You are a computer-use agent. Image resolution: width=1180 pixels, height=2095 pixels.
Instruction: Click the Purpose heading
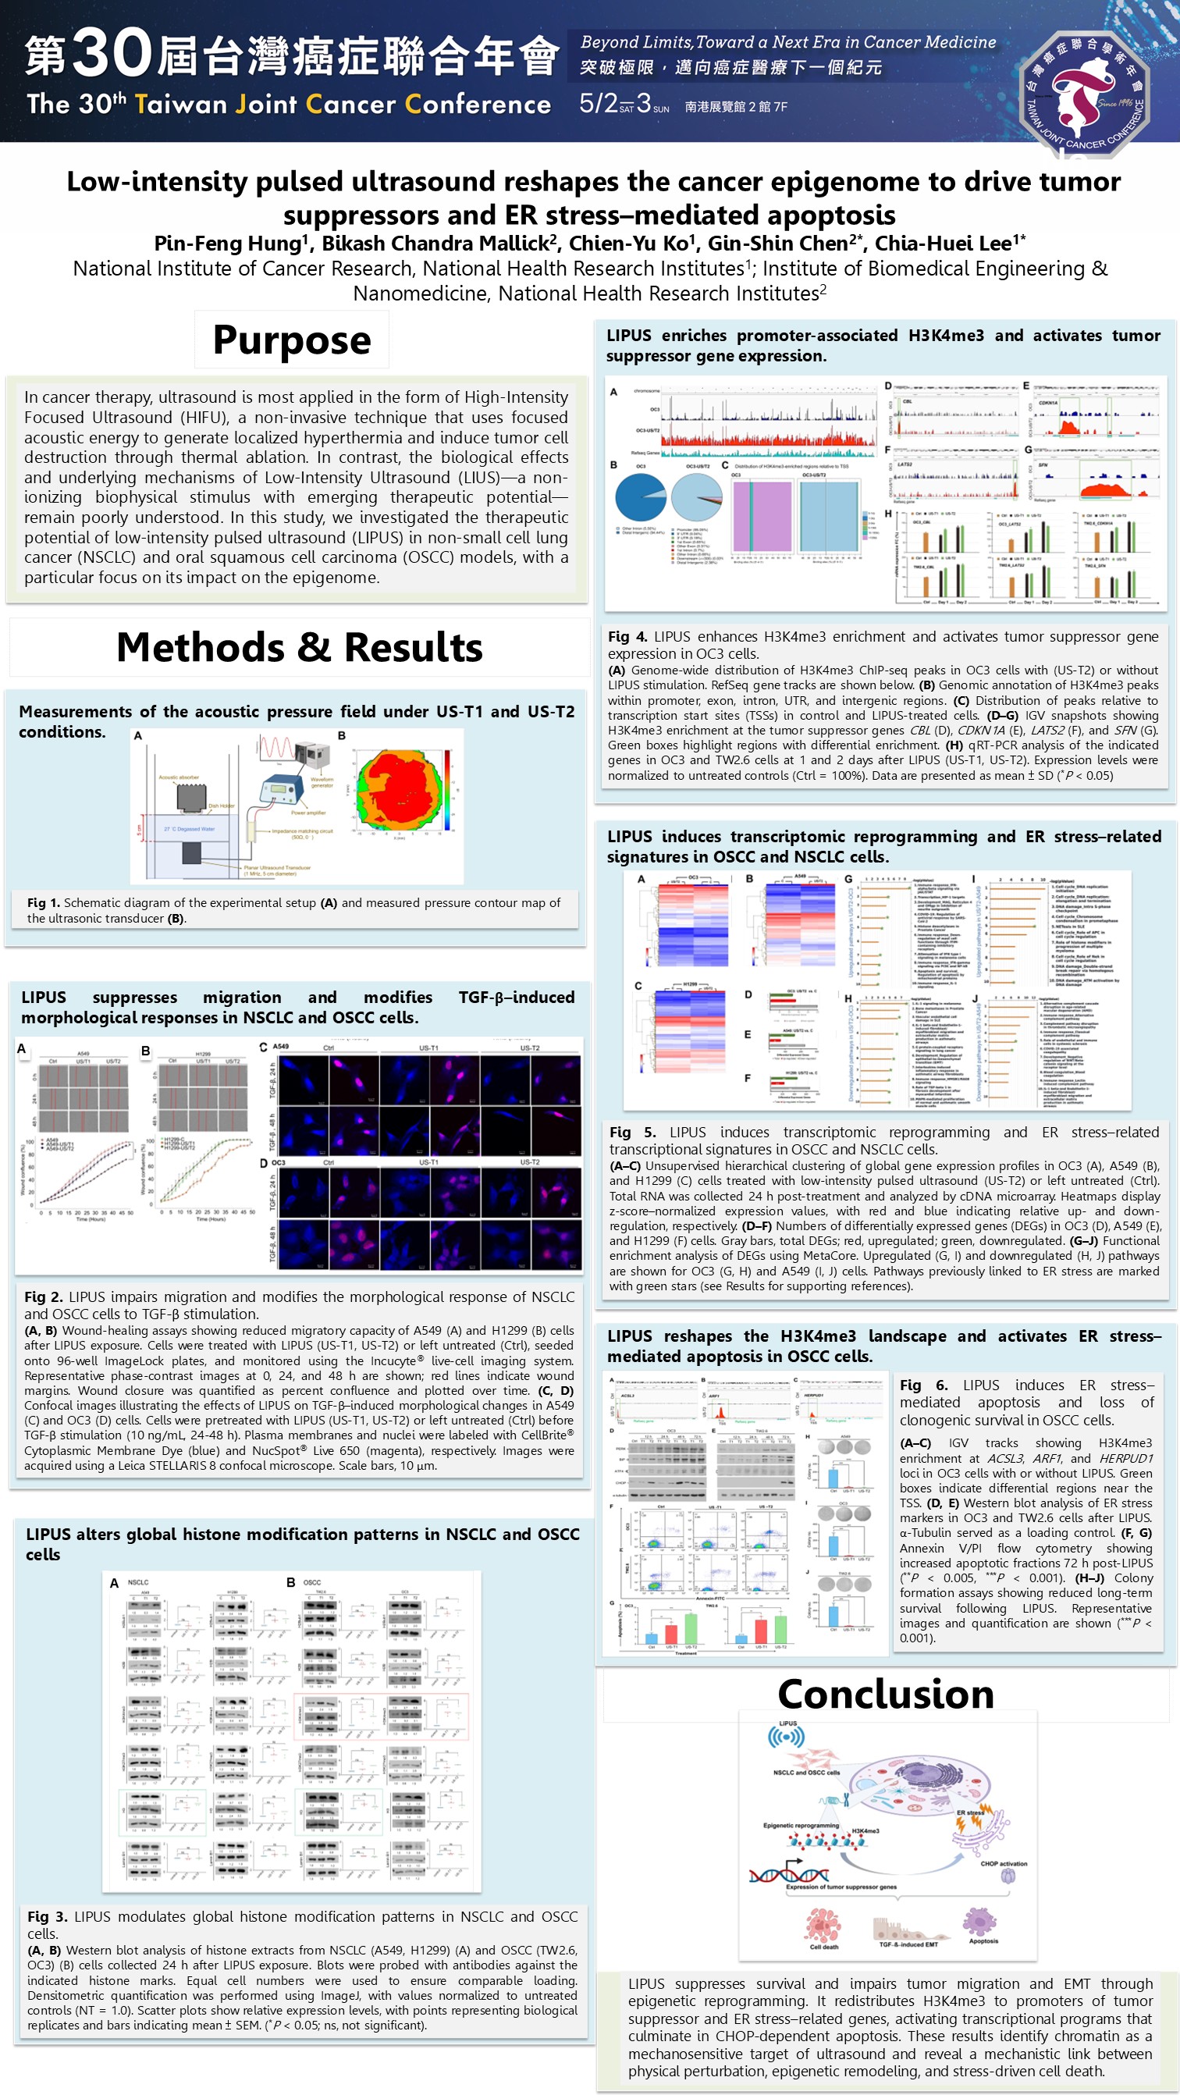tap(291, 340)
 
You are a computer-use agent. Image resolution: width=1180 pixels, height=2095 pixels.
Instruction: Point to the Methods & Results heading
tap(299, 647)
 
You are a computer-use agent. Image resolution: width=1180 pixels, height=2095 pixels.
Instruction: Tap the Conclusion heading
tap(886, 1693)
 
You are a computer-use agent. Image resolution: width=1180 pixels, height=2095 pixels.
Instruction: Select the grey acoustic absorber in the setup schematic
tap(192, 797)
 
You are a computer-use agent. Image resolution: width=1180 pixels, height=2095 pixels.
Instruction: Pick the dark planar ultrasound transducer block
tap(191, 853)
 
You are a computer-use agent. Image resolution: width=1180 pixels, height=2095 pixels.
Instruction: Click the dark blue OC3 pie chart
tap(640, 497)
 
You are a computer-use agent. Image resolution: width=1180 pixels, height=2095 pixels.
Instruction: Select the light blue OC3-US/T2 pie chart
tap(697, 497)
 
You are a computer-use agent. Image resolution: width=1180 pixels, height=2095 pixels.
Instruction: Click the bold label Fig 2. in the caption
tap(45, 1296)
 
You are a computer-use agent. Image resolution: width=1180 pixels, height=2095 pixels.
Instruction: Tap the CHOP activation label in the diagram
tap(1004, 1863)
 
